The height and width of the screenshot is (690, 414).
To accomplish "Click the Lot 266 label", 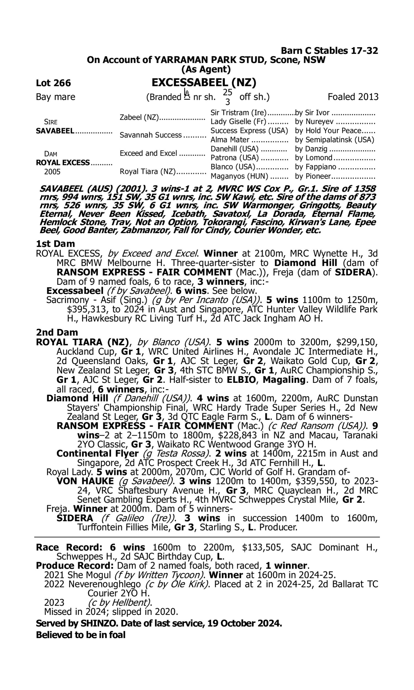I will pos(53,83).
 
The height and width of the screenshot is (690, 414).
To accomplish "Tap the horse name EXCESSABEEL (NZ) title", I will pos(204,82).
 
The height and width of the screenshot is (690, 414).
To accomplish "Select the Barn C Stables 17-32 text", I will pos(329,51).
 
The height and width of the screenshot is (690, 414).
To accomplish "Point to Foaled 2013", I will pos(353,97).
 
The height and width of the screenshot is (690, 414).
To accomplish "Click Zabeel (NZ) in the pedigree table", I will pos(139,117).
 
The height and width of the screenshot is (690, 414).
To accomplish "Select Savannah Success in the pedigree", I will pos(150,135).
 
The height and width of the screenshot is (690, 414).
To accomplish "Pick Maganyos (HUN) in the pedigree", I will pos(239,176).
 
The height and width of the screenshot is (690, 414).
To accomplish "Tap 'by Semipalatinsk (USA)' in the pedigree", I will pos(335,140).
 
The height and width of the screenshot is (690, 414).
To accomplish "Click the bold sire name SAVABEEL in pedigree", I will pos(55,131).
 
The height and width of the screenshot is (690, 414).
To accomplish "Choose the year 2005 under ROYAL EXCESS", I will pos(52,172).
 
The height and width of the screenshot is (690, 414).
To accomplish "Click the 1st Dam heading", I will pos(55,244).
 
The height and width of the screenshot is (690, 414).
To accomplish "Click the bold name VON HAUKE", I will pos(85,481).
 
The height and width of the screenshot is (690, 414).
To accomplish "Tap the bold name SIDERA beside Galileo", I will pos(75,518).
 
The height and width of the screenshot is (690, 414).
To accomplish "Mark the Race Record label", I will pos(69,547).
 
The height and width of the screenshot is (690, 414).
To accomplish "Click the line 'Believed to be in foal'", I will pos(81,635).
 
